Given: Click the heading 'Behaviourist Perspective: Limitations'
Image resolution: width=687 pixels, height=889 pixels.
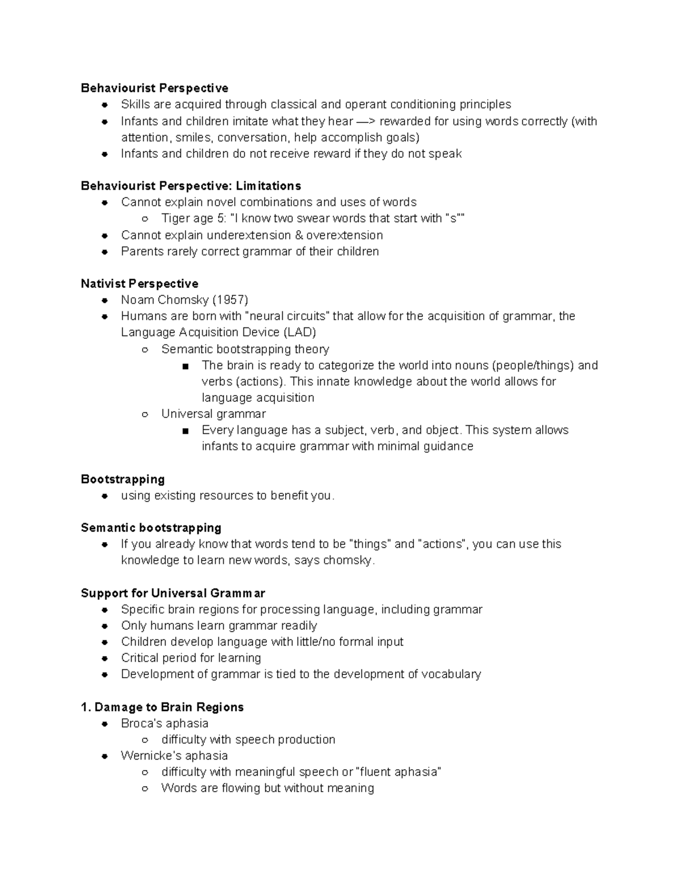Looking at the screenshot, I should tap(191, 186).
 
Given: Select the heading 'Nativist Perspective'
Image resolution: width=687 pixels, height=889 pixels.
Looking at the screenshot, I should tap(140, 284).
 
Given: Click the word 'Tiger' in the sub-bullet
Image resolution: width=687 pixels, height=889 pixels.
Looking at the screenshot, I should tap(176, 219).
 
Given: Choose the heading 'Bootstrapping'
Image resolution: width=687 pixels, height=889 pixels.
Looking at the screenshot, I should tap(123, 479).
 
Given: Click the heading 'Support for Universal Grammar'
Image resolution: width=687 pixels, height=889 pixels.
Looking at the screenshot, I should tap(173, 593).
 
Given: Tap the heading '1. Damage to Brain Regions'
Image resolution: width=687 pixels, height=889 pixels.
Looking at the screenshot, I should tap(163, 707).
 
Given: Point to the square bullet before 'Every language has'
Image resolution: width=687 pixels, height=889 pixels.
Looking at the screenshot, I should tap(185, 431).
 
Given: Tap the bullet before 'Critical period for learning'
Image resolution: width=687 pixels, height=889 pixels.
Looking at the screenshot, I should tap(105, 658).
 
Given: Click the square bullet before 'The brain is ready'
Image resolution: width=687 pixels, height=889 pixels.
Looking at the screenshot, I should tap(185, 366).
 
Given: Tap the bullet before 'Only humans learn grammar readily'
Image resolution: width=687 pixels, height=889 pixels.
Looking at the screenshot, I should tap(105, 626).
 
